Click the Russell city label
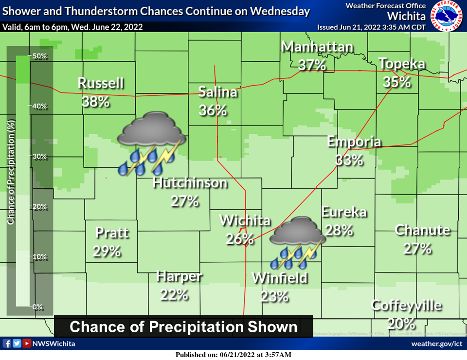point(101,83)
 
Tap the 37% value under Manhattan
point(312,65)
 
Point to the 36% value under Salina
point(213,110)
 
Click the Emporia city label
point(354,142)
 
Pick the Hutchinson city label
point(190,183)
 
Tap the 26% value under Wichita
point(240,239)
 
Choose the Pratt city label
point(112,233)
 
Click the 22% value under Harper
point(174,294)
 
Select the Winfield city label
point(280,278)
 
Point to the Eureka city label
point(344,212)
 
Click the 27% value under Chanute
point(417,249)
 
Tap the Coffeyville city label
point(407,306)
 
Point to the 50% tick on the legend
point(39,56)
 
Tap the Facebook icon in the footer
point(7,343)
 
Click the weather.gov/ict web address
point(436,344)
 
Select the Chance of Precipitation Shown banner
point(183,327)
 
